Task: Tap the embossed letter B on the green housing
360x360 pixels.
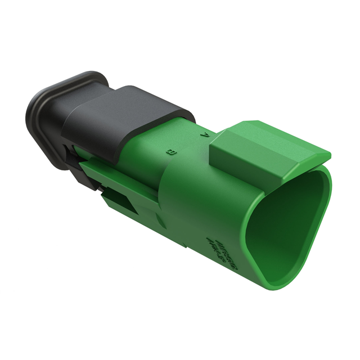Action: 170,151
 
